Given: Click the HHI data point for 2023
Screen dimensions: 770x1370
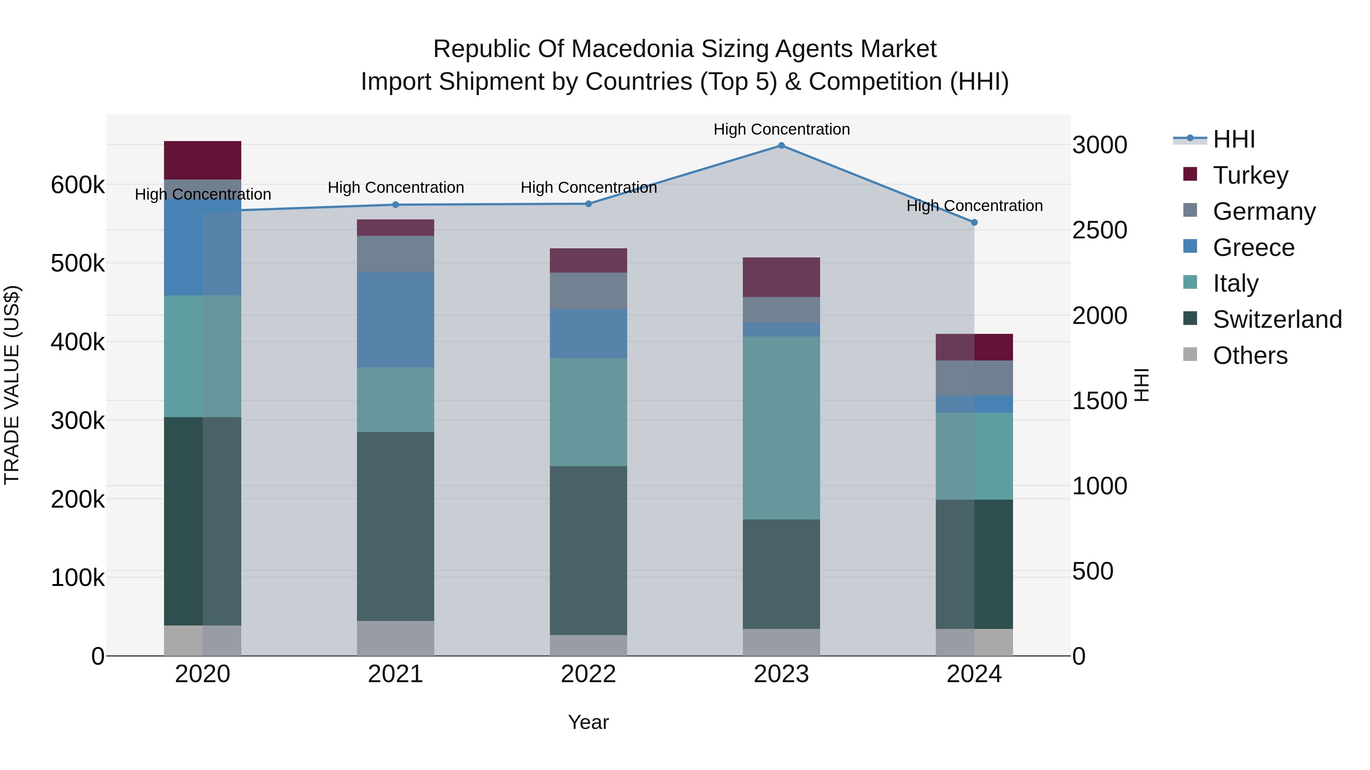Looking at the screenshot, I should coord(781,146).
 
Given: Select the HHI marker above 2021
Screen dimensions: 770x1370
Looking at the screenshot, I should coord(395,205).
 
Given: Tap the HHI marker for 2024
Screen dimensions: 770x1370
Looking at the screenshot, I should coord(974,223).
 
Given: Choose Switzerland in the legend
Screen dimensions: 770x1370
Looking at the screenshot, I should coord(1277,319).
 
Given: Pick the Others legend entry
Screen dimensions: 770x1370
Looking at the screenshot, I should coord(1250,356).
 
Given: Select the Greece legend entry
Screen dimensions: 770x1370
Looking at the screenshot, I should coord(1254,248).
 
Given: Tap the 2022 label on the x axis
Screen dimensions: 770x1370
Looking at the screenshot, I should coord(588,674).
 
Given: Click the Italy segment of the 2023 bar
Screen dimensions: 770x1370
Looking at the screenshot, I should coord(781,427).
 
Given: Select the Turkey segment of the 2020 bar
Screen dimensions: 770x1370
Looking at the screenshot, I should coord(202,160).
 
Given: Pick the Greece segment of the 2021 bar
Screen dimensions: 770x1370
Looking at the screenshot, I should coord(395,319).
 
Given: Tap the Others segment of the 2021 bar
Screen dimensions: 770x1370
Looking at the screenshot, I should coord(395,638).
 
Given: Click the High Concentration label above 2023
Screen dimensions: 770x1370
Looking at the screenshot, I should coord(781,129).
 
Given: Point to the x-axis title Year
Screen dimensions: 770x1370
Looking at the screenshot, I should coord(588,722).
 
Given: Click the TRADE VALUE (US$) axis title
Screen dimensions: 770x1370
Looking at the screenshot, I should coord(12,385).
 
